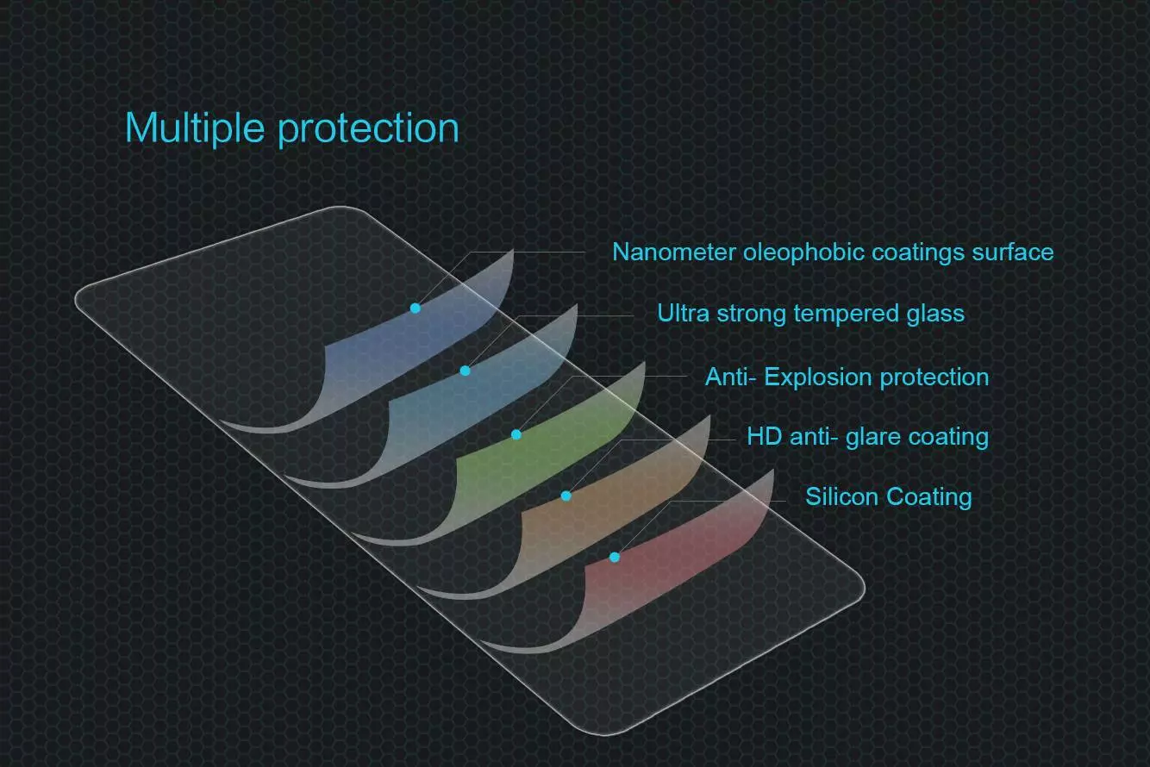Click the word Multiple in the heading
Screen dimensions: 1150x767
point(195,128)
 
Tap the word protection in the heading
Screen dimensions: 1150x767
point(368,129)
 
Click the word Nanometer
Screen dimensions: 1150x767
point(674,252)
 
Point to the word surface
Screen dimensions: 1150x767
point(1012,252)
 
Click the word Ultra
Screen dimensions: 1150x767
point(683,313)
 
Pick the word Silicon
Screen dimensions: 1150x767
point(842,496)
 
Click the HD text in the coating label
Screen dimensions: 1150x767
point(765,436)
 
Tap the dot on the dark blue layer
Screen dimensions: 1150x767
point(416,308)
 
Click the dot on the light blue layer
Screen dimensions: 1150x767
point(466,371)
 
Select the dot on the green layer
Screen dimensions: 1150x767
point(516,435)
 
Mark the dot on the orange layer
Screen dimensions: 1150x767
point(566,496)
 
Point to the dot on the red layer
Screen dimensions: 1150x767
point(615,557)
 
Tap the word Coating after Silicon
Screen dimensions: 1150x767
point(929,498)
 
